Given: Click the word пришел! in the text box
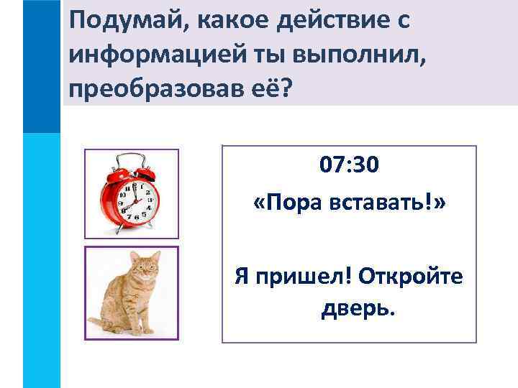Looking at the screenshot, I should (x=301, y=276).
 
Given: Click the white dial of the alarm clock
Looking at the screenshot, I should (x=137, y=200).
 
